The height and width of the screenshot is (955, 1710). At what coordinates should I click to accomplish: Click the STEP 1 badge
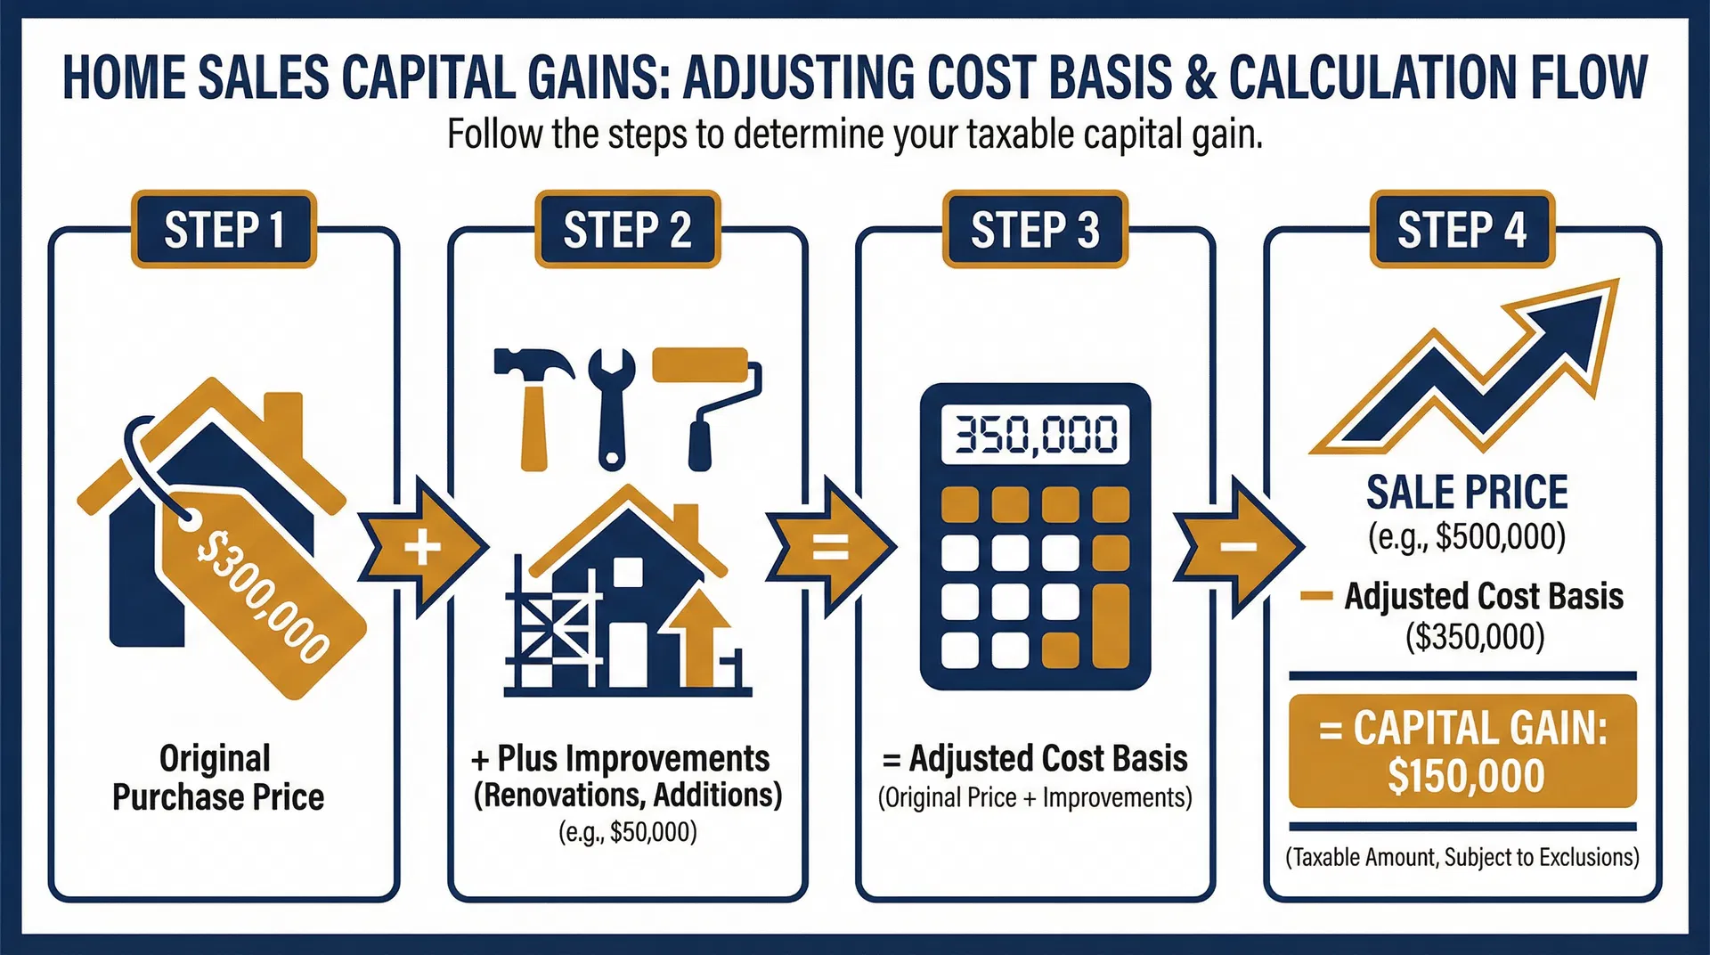(224, 230)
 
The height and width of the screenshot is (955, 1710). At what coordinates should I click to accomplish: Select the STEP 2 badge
(627, 230)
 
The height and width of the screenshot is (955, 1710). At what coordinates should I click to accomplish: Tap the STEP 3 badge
(1035, 230)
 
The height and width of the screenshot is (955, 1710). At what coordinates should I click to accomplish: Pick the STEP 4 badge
(1462, 230)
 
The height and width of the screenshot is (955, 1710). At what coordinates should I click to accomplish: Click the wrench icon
(611, 405)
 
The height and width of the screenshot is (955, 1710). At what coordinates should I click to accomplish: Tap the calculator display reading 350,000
(1035, 435)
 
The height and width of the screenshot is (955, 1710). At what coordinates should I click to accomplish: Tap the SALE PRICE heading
(1467, 493)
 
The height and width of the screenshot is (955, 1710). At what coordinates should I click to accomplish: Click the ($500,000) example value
(1467, 536)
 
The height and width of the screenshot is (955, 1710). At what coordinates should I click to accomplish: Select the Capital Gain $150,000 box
(1462, 751)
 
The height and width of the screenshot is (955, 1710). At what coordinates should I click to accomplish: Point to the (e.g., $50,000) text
(627, 832)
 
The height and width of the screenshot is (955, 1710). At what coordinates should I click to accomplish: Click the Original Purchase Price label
(217, 778)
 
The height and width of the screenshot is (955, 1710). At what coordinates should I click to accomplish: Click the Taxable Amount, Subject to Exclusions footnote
(1462, 857)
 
